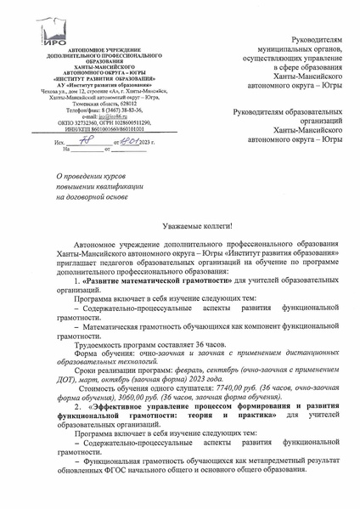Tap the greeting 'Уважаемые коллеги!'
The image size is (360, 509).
point(196,229)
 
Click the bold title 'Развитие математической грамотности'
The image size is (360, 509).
point(155,280)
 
